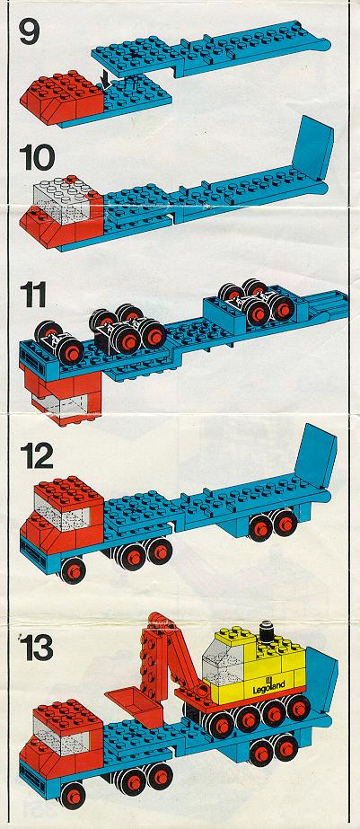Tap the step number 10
(37, 157)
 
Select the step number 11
(33, 295)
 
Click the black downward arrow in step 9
(106, 79)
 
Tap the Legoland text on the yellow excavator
(268, 686)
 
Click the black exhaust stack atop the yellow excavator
(267, 631)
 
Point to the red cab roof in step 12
(70, 489)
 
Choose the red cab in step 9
(61, 97)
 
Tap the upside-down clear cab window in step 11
(59, 406)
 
